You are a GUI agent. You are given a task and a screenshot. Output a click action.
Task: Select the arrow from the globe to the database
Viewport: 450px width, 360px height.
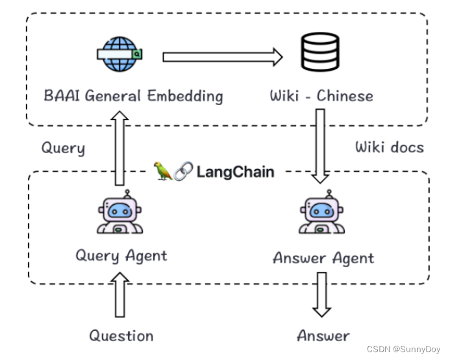[222, 58]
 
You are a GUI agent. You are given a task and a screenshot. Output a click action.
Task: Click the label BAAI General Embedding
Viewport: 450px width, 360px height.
[133, 97]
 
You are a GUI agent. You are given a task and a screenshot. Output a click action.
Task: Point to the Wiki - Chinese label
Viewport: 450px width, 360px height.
[321, 97]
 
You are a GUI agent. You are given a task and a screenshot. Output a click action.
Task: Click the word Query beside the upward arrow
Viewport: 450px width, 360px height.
[63, 148]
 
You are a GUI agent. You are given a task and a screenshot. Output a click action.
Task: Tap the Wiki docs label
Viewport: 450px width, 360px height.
[389, 147]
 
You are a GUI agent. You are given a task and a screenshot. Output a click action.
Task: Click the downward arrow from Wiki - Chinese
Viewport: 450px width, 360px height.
[320, 145]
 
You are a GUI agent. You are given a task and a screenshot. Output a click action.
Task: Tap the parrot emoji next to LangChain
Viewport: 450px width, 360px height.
[163, 171]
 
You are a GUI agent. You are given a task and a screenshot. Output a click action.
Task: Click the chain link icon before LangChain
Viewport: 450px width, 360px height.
[183, 171]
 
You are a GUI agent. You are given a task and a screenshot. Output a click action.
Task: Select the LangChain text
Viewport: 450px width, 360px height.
[235, 172]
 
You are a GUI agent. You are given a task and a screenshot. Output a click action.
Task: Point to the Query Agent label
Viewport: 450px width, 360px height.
[121, 256]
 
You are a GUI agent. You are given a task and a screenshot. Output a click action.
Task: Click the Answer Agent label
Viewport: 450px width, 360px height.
[323, 258]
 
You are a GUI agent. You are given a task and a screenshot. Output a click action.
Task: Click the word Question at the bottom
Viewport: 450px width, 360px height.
[121, 335]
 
